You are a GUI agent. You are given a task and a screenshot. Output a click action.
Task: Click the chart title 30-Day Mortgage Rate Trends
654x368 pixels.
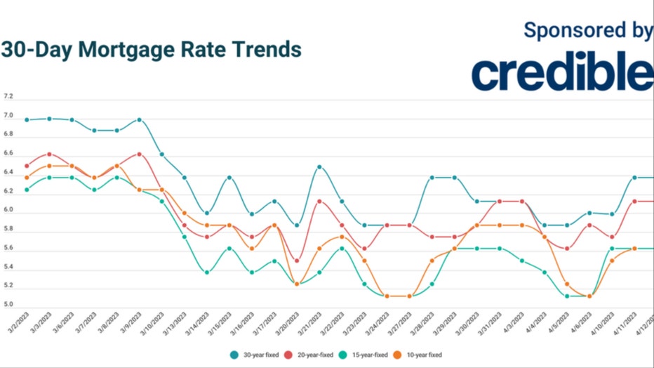click(151, 50)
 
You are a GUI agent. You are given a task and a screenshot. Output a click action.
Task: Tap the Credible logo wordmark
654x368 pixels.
click(561, 72)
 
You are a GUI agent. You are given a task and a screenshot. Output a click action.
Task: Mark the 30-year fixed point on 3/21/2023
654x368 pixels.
click(319, 167)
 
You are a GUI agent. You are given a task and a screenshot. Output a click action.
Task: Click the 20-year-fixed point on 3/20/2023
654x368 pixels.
click(297, 261)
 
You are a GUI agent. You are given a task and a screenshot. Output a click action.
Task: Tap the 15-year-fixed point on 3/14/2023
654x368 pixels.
click(206, 272)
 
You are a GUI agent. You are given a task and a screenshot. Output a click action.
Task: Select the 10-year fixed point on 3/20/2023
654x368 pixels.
click(297, 284)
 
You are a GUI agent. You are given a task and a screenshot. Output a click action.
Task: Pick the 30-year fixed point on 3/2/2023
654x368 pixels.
click(27, 119)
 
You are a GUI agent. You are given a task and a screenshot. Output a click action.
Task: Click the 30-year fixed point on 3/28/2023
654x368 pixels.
click(432, 178)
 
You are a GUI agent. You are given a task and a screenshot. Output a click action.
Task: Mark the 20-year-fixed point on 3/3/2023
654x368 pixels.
click(49, 154)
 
